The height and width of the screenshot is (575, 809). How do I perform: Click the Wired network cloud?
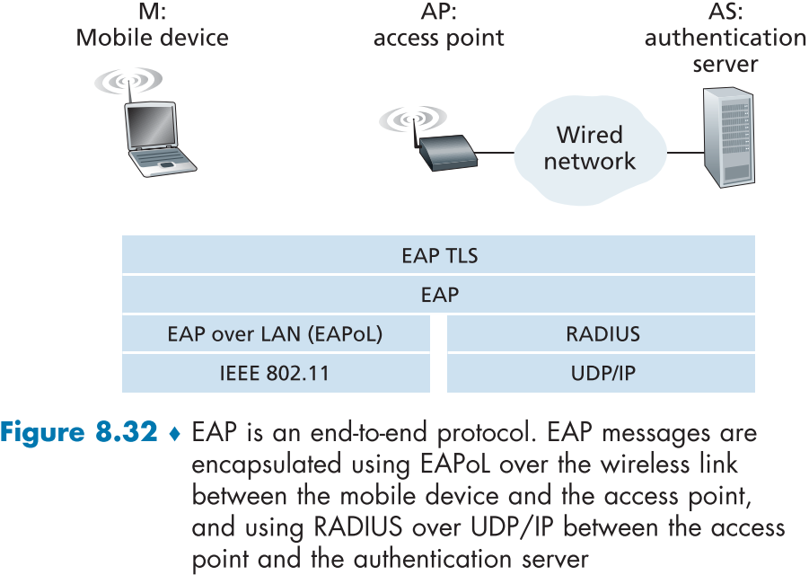tap(590, 148)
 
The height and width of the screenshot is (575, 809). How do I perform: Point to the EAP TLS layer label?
tap(439, 256)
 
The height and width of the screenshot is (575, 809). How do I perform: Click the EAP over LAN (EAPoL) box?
tap(275, 334)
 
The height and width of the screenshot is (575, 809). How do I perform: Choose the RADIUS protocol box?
tap(602, 334)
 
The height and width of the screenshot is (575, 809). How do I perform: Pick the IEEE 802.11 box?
tap(275, 373)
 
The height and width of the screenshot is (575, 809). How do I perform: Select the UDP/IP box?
tap(602, 373)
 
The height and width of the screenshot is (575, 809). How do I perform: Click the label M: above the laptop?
tap(152, 12)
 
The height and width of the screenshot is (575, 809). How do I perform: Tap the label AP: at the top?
tap(438, 12)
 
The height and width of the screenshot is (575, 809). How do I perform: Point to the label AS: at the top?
tap(725, 12)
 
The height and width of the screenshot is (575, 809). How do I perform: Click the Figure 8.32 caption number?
tap(78, 433)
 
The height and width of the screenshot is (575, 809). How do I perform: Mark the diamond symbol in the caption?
tap(175, 434)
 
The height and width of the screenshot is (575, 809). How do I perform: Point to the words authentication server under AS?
tap(725, 51)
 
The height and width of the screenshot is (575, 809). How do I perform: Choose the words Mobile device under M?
tap(152, 38)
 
